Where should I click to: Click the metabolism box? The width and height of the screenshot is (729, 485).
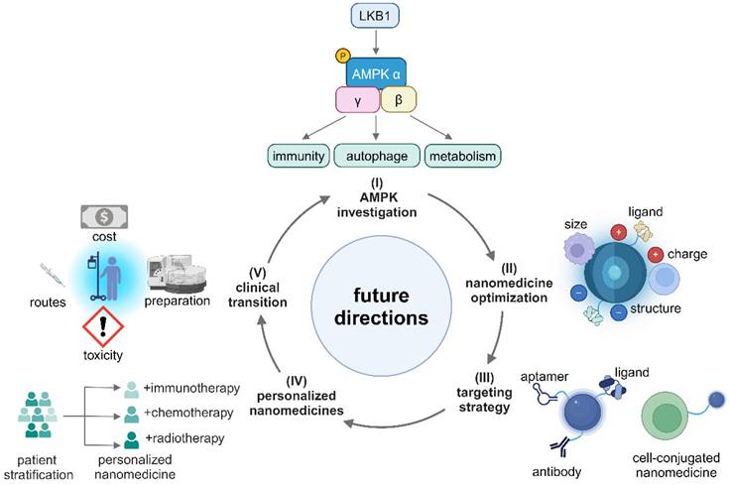(x=461, y=156)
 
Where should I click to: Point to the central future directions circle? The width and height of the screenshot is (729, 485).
(x=376, y=306)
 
